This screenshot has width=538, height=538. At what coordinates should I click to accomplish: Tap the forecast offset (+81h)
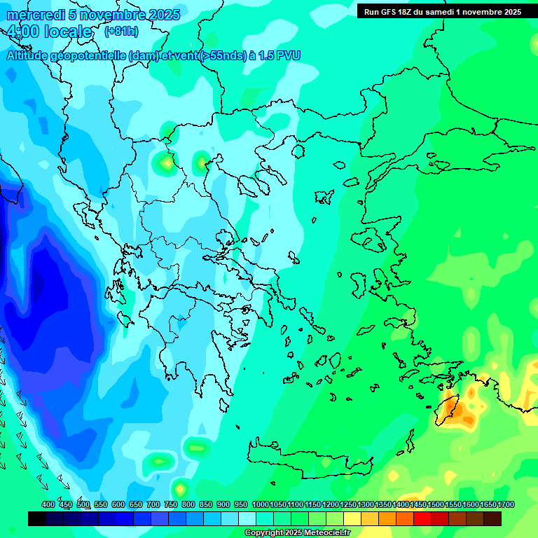pyautogui.click(x=121, y=32)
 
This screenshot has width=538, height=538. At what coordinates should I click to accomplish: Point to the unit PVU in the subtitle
pyautogui.click(x=288, y=56)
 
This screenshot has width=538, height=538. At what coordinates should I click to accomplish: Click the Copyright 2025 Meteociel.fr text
pyautogui.click(x=297, y=533)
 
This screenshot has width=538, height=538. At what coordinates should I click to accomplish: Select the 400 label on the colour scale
pyautogui.click(x=48, y=504)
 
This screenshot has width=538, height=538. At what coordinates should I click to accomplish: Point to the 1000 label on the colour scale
pyautogui.click(x=260, y=504)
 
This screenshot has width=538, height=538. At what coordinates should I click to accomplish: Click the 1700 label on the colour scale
pyautogui.click(x=506, y=504)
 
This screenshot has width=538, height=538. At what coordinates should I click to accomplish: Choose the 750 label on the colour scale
pyautogui.click(x=171, y=504)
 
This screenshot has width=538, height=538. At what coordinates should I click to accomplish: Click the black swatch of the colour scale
pyautogui.click(x=37, y=518)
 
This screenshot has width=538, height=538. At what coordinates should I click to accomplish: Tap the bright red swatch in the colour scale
pyautogui.click(x=422, y=518)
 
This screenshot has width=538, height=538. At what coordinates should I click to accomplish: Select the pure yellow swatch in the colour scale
pyautogui.click(x=352, y=518)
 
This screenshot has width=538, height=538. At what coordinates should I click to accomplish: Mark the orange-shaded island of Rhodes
pyautogui.click(x=448, y=406)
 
